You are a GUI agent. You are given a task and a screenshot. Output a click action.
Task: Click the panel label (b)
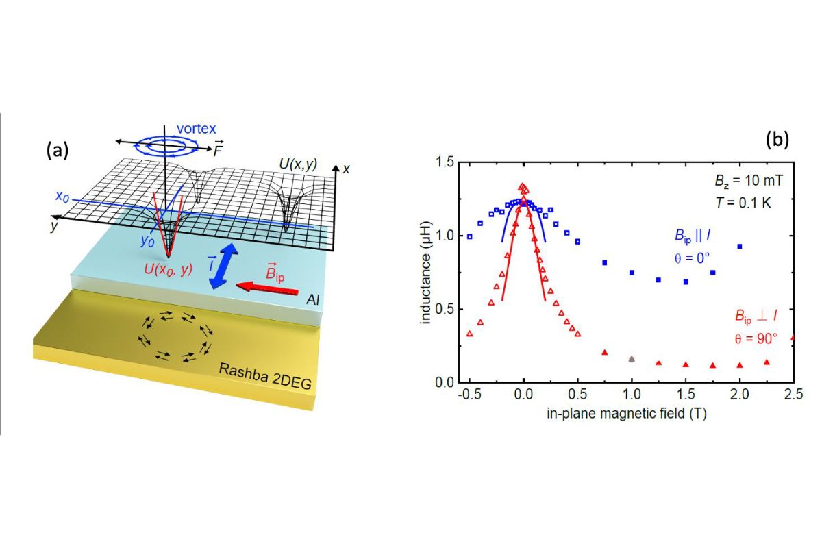tap(777, 140)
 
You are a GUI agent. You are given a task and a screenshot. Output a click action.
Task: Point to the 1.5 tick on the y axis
tap(446, 162)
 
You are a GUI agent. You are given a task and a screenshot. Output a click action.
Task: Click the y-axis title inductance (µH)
tap(426, 272)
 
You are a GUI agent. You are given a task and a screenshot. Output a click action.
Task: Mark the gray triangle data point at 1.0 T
tap(632, 358)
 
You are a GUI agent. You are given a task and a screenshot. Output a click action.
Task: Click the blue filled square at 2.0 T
tap(739, 246)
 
